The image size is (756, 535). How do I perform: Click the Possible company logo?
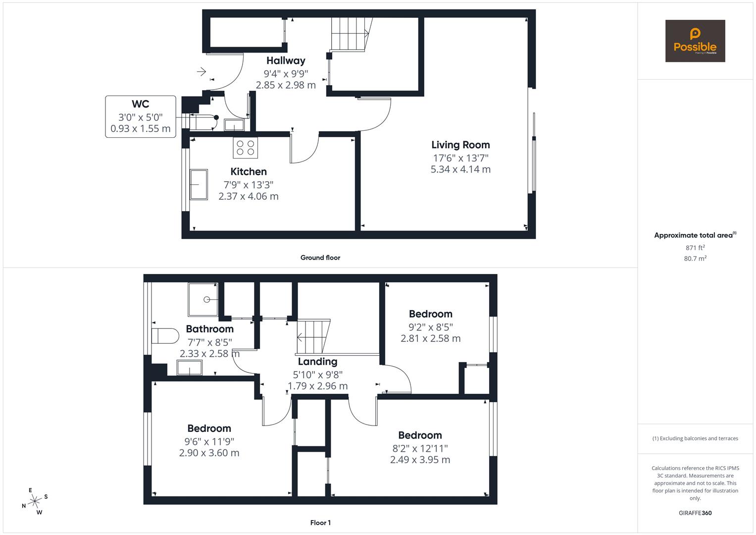pyautogui.click(x=695, y=41)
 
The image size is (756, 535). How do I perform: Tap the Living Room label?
pyautogui.click(x=460, y=145)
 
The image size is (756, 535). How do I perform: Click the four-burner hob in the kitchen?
pyautogui.click(x=246, y=147)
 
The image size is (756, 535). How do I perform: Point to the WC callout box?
pyautogui.click(x=141, y=116)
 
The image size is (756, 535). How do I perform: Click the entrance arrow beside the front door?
pyautogui.click(x=202, y=72)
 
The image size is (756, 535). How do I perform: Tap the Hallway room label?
pyautogui.click(x=286, y=60)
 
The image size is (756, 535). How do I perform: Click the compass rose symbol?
pyautogui.click(x=35, y=501)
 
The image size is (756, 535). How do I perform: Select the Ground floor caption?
pyautogui.click(x=320, y=258)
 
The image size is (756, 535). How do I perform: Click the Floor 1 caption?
pyautogui.click(x=320, y=523)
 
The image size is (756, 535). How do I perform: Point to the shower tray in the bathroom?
pyautogui.click(x=203, y=299)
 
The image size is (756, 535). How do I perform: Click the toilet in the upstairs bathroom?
pyautogui.click(x=165, y=336)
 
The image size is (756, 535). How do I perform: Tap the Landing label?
pyautogui.click(x=317, y=362)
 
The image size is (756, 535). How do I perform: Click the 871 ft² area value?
pyautogui.click(x=695, y=248)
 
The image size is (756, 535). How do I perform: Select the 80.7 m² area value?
pyautogui.click(x=695, y=259)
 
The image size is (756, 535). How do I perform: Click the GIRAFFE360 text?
pyautogui.click(x=695, y=513)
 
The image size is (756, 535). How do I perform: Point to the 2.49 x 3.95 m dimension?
pyautogui.click(x=420, y=460)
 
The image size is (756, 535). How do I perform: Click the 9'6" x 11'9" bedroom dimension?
pyautogui.click(x=209, y=441)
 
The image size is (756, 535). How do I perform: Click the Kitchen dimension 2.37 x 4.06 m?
pyautogui.click(x=249, y=196)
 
